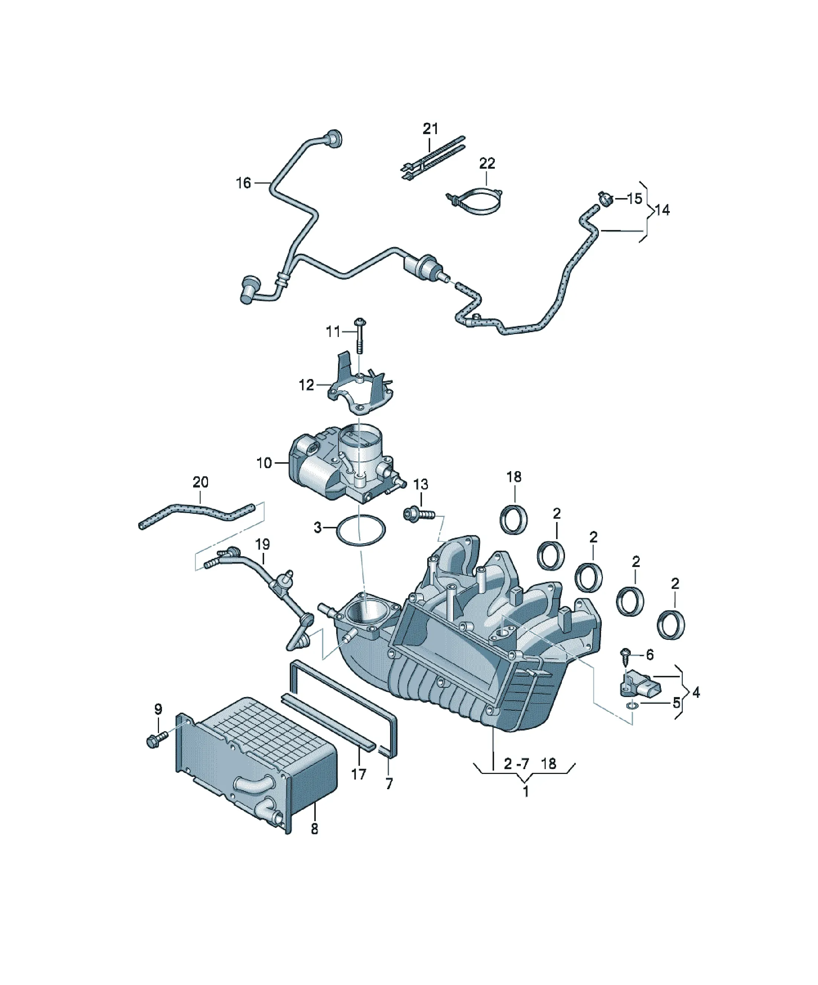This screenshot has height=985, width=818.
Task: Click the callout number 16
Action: (243, 183)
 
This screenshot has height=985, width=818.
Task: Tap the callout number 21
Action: (430, 128)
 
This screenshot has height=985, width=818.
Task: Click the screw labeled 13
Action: (419, 515)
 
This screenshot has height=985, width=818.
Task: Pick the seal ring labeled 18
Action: (515, 519)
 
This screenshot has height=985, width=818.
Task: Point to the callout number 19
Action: (262, 545)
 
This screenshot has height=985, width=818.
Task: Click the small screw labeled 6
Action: (625, 658)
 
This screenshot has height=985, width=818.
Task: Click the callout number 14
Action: (662, 210)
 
